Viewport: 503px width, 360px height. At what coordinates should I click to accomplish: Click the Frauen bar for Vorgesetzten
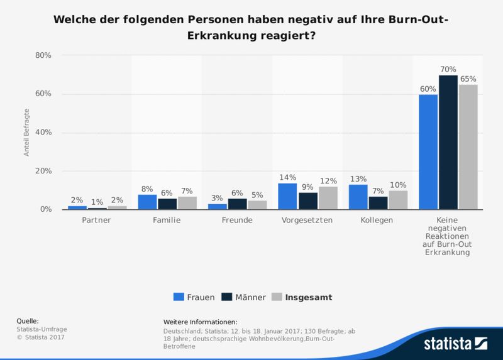click(288, 196)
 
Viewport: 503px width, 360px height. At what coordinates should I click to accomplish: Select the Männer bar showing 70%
click(448, 142)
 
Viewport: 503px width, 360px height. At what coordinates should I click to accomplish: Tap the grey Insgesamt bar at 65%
click(468, 147)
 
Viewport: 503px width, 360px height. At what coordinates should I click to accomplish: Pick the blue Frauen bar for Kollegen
click(358, 197)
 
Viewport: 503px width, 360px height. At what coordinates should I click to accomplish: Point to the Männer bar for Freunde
click(238, 204)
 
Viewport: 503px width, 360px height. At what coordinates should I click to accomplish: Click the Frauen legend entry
click(194, 297)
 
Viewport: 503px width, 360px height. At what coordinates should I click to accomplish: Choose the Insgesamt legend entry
click(302, 297)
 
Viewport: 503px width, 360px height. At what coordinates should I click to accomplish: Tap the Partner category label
click(97, 221)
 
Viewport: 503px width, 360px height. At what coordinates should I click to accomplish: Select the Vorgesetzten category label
click(307, 221)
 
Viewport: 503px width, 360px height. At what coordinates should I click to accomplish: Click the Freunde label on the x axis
click(238, 221)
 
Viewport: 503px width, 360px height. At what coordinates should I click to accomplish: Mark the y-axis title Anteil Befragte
click(27, 133)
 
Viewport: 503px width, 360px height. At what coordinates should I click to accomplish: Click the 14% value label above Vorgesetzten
click(287, 178)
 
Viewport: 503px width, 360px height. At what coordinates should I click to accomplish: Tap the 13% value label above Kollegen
click(358, 180)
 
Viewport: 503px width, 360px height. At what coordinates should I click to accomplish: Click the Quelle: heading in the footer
click(27, 321)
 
